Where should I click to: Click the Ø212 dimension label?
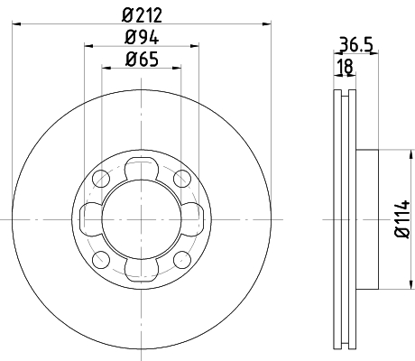pos(142,15)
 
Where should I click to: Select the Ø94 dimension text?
pos(142,38)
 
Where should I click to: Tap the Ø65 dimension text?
pos(142,59)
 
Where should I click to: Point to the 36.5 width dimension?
pos(356,44)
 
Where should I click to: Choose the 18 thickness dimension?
pos(345,67)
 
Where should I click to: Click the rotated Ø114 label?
pos(402,219)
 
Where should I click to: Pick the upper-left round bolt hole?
pos(101,178)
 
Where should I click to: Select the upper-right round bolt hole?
pos(182,178)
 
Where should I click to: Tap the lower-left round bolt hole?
pos(101,260)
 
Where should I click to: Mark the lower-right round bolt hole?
pos(182,260)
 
